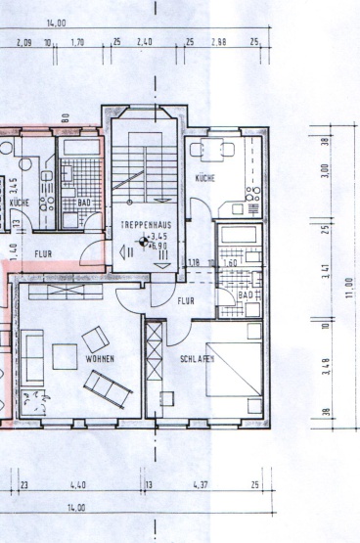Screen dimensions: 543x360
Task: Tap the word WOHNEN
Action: tap(100, 360)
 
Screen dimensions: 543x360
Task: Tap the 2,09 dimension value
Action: tap(25, 43)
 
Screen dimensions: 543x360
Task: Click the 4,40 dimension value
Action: tap(78, 484)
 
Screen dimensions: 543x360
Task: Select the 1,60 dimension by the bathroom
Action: tap(232, 262)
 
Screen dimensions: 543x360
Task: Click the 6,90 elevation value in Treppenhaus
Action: tap(155, 245)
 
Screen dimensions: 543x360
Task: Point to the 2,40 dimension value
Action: tap(145, 43)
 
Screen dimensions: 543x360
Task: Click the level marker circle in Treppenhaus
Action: tap(143, 241)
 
